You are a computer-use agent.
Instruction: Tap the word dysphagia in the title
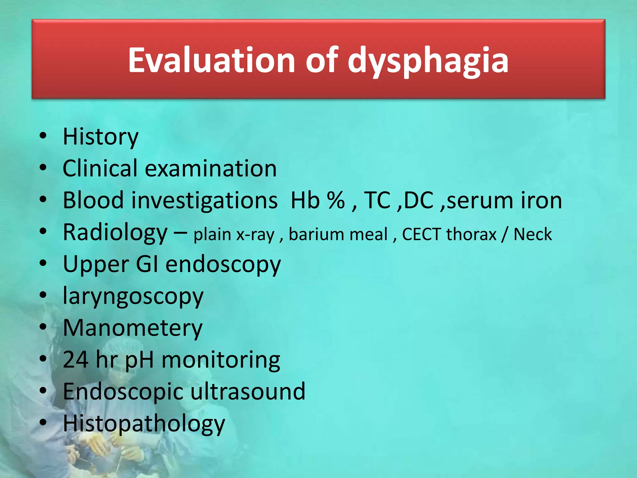pyautogui.click(x=428, y=61)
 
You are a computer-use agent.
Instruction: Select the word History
pyautogui.click(x=100, y=137)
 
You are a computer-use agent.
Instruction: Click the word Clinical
pyautogui.click(x=100, y=168)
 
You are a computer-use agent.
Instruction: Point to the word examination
pyautogui.click(x=211, y=169)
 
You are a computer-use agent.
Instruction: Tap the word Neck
pyautogui.click(x=532, y=234)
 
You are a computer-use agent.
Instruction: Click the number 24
pyautogui.click(x=76, y=360)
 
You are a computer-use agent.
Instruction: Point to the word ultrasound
pyautogui.click(x=248, y=391)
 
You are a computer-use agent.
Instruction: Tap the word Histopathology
pyautogui.click(x=144, y=424)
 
